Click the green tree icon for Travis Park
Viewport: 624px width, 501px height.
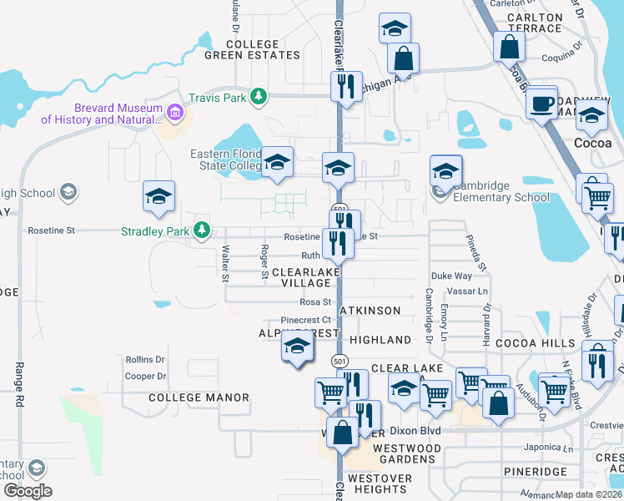pos(259,97)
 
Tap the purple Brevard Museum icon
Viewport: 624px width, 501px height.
pos(175,112)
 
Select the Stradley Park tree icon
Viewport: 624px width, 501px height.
pos(201,230)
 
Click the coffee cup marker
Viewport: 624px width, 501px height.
pos(542,104)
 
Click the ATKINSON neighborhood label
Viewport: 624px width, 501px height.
pos(374,311)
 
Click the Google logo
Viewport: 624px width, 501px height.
pos(27,491)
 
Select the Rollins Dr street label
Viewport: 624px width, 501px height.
pos(145,360)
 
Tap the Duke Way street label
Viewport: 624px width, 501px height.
pos(451,276)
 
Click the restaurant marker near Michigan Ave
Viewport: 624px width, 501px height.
pos(343,86)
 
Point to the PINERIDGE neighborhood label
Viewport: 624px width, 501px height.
pos(536,472)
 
